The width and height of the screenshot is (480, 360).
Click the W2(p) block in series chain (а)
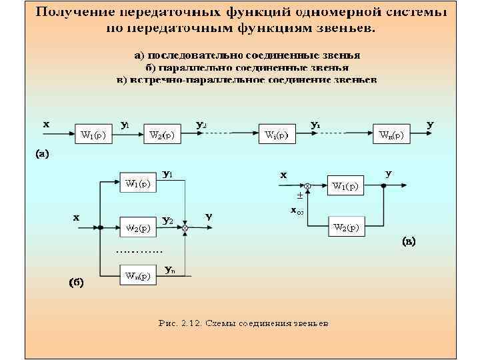pos(162,135)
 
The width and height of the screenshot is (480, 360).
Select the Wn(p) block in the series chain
pos(391,135)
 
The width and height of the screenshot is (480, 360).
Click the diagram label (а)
pos(42,154)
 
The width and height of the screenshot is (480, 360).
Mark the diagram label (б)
pos(75,282)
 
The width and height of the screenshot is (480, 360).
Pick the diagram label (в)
pos(408,241)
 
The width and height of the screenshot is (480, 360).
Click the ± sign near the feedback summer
pos(299,197)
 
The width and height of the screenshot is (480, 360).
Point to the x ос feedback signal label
pos(297,211)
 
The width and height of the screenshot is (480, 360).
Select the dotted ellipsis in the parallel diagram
pos(139,252)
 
